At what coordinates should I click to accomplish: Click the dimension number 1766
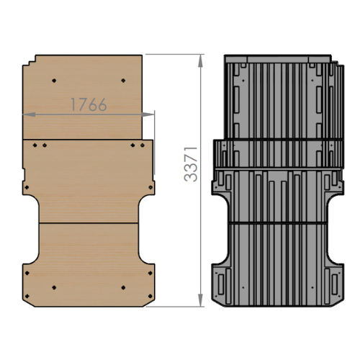coord(89,104)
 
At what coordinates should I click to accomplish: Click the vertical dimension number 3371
coord(191,164)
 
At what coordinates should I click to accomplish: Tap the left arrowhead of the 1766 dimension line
coord(30,114)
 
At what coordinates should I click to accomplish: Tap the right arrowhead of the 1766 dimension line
coord(148,114)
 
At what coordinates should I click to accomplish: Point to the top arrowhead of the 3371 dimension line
coord(200,61)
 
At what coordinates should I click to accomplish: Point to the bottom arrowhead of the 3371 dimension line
coord(200,300)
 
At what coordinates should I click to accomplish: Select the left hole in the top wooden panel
coord(54,81)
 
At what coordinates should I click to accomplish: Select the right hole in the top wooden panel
coord(123,81)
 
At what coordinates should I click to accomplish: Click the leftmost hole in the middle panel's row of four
coord(35,145)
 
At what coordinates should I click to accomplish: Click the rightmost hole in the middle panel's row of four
coord(143,145)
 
